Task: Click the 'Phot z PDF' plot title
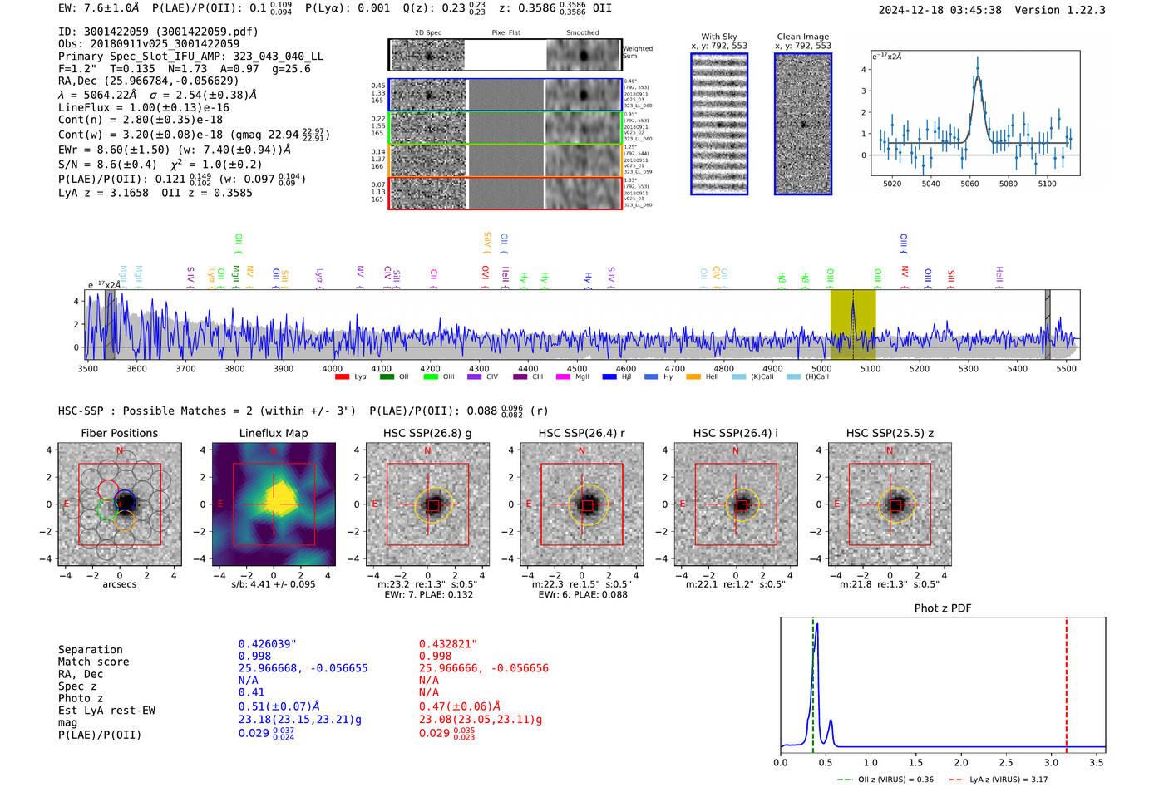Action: (x=943, y=608)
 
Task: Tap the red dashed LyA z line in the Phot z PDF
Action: (x=1067, y=681)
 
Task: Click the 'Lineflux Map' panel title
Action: (x=273, y=433)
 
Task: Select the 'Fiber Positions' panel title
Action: (x=119, y=433)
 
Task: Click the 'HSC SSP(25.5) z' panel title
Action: (x=890, y=433)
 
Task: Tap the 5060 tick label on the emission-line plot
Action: (x=969, y=184)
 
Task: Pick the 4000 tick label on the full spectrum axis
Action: (x=332, y=369)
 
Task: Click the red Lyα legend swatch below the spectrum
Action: (x=342, y=377)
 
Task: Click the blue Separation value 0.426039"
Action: (x=267, y=644)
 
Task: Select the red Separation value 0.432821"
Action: (x=448, y=644)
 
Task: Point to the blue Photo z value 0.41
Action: (x=251, y=692)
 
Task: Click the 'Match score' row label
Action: (x=93, y=662)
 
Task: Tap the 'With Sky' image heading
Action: (x=718, y=37)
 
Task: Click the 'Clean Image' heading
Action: (x=802, y=37)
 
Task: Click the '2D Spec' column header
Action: (x=427, y=33)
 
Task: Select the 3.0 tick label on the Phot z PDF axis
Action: (x=1051, y=762)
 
